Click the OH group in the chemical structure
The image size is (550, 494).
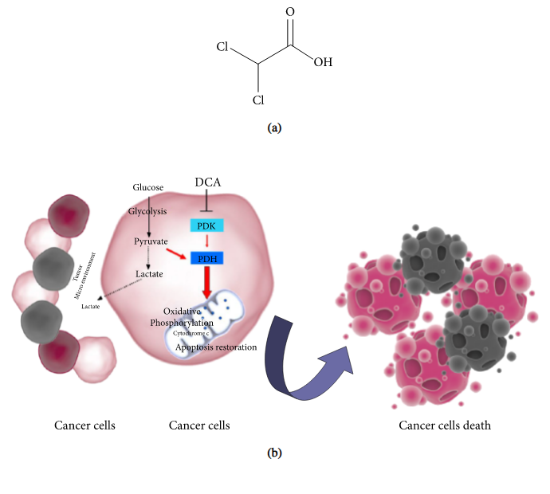click(323, 61)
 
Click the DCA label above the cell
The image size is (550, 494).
click(207, 182)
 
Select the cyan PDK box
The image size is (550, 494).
click(206, 225)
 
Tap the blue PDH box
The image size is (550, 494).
click(206, 257)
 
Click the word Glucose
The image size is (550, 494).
click(148, 187)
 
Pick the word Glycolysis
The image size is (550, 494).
click(148, 211)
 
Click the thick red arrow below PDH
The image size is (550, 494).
click(207, 283)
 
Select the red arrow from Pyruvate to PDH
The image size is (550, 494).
click(177, 252)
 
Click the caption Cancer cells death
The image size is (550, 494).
click(445, 425)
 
